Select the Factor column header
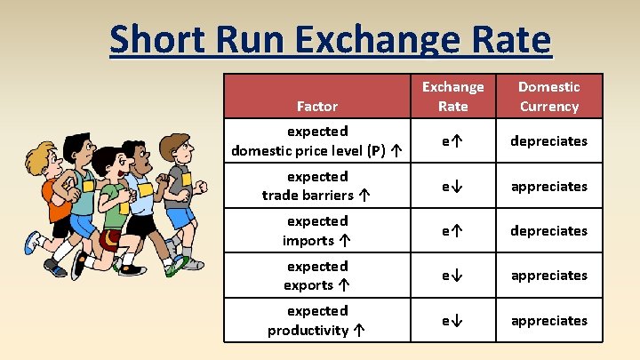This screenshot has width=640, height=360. [x=316, y=106]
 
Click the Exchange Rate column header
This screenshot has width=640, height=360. [x=452, y=96]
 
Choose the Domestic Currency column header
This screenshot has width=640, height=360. [x=548, y=96]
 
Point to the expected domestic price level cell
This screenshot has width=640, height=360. [x=316, y=141]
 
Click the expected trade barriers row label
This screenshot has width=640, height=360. [x=316, y=186]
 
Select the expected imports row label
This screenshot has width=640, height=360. [x=316, y=230]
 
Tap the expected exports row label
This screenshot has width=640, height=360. [x=316, y=276]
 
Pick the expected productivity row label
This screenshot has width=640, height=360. [x=316, y=320]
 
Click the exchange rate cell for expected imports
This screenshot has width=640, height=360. [x=452, y=230]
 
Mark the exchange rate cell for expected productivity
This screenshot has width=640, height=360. [x=452, y=320]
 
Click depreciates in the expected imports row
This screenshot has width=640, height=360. [x=548, y=230]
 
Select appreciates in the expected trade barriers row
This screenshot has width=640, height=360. [x=548, y=186]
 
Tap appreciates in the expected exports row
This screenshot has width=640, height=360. [x=548, y=276]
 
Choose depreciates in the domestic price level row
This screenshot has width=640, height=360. [x=548, y=141]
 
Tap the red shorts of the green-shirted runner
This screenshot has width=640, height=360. [x=108, y=237]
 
